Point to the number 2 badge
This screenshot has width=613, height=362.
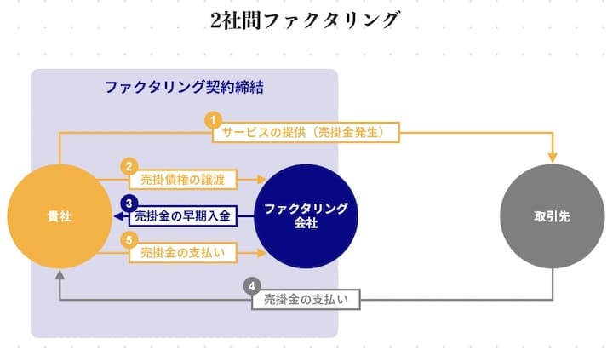[129, 166]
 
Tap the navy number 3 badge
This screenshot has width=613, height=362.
[129, 203]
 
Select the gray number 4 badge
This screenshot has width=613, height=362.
[251, 285]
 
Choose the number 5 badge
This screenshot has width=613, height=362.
[129, 241]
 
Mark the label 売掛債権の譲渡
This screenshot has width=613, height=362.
[181, 180]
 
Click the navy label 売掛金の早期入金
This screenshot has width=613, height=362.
[182, 217]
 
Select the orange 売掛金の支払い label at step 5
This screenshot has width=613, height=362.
[181, 253]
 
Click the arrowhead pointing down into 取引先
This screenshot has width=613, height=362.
[554, 158]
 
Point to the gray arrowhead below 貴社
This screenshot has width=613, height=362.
[59, 275]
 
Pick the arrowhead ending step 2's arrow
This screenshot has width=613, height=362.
[257, 180]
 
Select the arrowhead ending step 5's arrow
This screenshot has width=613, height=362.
[257, 253]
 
